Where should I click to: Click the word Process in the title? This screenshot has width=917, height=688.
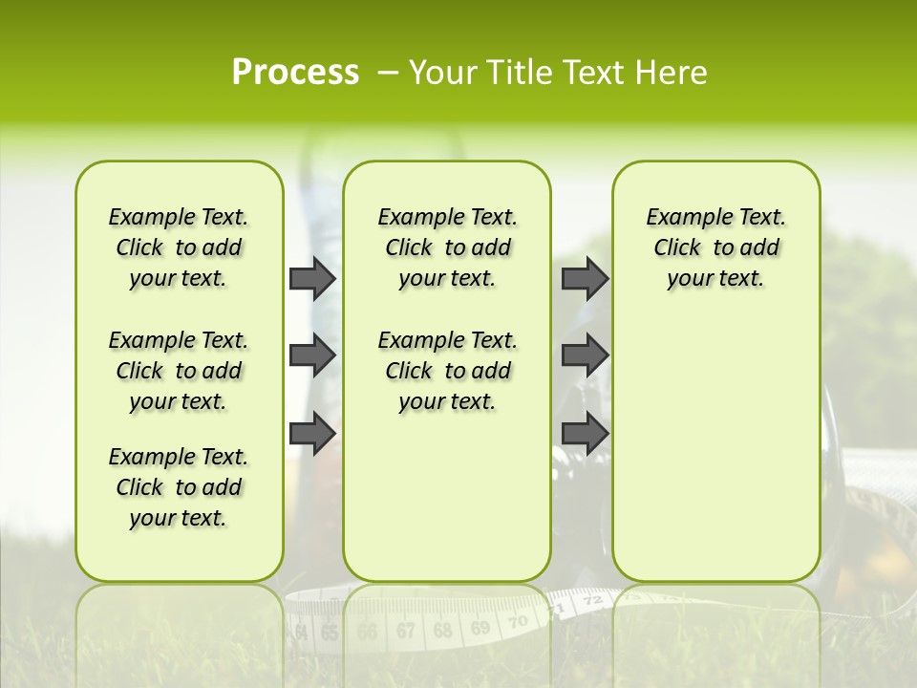[295, 73]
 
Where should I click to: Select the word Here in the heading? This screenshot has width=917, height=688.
[672, 73]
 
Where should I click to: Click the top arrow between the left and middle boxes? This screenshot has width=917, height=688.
[312, 278]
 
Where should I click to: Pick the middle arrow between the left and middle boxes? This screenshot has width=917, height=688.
[312, 355]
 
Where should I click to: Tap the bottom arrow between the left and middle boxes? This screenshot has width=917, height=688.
[312, 433]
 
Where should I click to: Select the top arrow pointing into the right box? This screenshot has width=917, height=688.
[585, 278]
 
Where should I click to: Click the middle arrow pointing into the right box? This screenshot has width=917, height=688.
[585, 355]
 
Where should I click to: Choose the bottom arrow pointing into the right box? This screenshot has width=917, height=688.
[585, 433]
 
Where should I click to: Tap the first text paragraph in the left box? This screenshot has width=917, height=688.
[178, 247]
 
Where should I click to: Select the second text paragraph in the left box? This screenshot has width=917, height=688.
[178, 371]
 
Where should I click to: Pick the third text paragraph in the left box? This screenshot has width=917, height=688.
[178, 487]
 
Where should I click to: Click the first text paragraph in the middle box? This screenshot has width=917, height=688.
[447, 247]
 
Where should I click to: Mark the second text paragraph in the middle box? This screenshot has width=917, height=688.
[447, 371]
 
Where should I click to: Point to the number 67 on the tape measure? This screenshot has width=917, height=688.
[405, 631]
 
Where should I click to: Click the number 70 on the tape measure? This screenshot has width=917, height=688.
[518, 622]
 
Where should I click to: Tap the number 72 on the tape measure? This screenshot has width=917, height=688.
[592, 601]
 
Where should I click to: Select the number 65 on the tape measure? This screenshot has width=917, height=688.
[330, 633]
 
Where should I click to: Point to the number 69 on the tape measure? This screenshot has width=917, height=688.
[480, 627]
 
